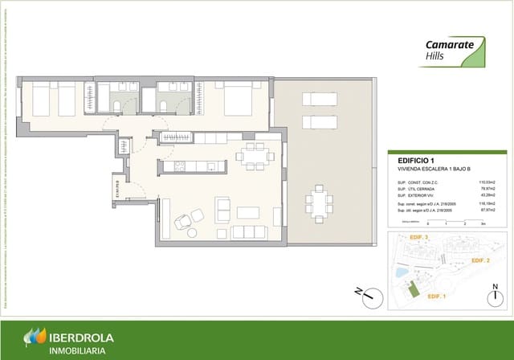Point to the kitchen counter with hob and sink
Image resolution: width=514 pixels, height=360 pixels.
(192, 167)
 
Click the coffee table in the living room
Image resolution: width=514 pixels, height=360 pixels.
(247, 213)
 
